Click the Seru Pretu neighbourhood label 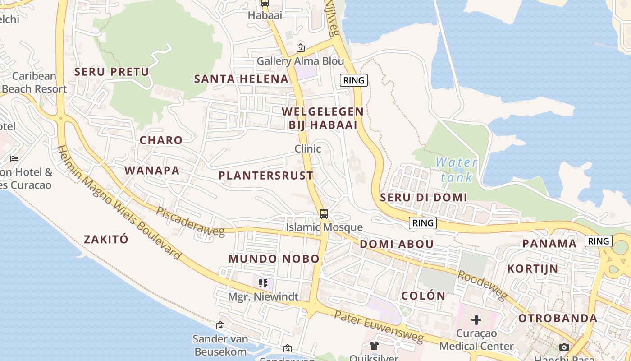111,72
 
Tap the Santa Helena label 241,79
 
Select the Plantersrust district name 266,176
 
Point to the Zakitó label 106,239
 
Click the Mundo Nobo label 274,259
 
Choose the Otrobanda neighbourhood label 558,318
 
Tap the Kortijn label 533,268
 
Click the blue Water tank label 457,169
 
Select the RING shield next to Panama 599,241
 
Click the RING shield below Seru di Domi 423,222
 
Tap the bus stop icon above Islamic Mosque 324,214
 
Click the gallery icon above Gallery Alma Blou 300,48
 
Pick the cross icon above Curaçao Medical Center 476,320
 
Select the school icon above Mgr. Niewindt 263,283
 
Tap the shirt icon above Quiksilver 374,346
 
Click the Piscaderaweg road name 190,222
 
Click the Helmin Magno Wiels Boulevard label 119,203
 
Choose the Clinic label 307,148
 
